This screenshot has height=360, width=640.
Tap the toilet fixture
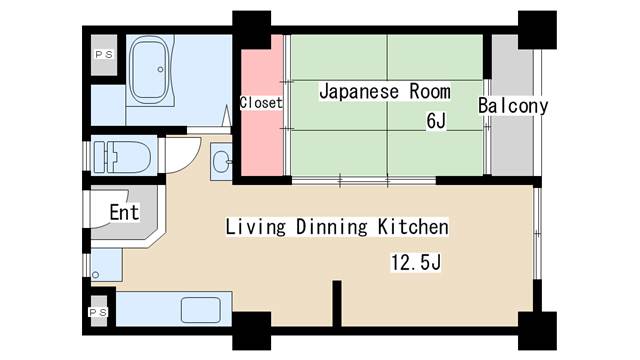(x=121, y=157)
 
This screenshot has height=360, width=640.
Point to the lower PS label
(x=99, y=313)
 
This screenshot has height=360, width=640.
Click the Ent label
(x=124, y=213)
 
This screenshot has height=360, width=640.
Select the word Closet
(x=261, y=103)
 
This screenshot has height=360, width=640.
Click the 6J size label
(x=435, y=122)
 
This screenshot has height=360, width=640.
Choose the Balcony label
(x=513, y=106)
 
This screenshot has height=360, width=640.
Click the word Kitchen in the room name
(x=412, y=227)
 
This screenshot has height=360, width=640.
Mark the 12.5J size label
(x=416, y=263)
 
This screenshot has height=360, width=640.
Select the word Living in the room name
(x=257, y=227)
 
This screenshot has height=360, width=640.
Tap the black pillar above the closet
(x=251, y=27)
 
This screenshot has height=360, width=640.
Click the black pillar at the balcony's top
(x=538, y=27)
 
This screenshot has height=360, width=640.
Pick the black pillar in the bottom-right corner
(x=537, y=329)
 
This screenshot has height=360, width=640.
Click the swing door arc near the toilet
(x=181, y=155)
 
